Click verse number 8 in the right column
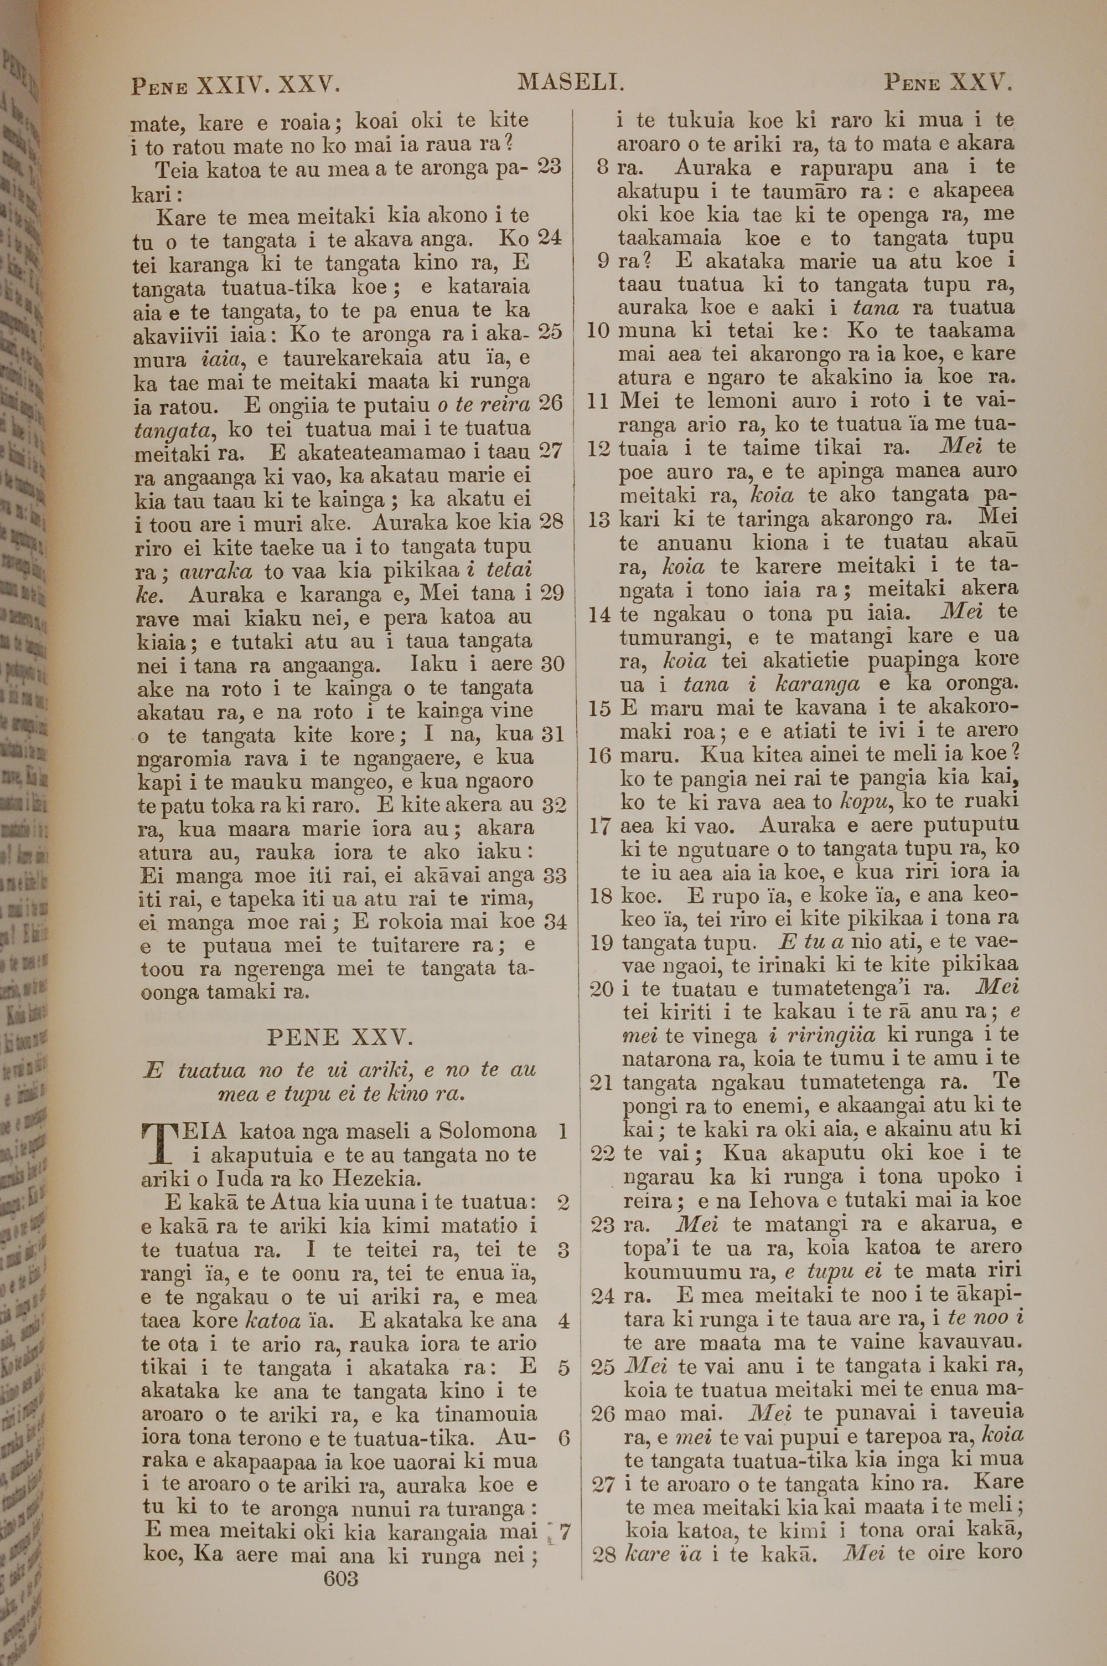602,167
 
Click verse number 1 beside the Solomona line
563,1130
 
